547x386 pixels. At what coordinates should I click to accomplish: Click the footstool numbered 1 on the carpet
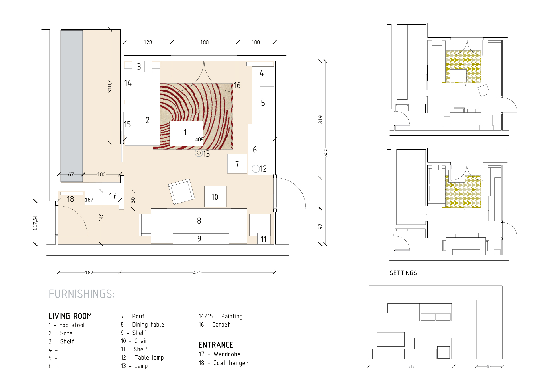coord(186,133)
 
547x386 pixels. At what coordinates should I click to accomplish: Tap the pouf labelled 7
coord(237,164)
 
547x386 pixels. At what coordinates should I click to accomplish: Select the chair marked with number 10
coord(215,196)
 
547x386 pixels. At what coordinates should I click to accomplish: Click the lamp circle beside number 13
coord(199,153)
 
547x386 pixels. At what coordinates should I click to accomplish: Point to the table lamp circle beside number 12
coord(256,169)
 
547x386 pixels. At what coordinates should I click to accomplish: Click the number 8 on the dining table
coord(199,220)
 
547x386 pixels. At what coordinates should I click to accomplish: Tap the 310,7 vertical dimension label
coord(110,86)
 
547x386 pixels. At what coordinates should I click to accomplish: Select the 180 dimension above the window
coord(204,42)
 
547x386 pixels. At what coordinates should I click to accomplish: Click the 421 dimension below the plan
coord(197,273)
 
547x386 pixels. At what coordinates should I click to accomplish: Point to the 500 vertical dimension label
coord(326,152)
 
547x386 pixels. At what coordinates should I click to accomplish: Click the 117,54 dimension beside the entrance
coord(35,223)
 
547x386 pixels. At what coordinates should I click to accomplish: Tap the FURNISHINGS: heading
coord(82,294)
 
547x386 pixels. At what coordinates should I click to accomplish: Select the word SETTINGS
coord(403,273)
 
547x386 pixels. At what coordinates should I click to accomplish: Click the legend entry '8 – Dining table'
coord(142,325)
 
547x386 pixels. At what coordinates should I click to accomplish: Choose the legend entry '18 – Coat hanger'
coord(223,363)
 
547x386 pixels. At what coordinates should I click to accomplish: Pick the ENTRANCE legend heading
coord(216,345)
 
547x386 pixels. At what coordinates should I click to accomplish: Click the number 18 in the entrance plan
coord(70,199)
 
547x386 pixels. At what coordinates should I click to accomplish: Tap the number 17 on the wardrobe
coord(113,196)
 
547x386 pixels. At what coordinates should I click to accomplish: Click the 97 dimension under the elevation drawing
coord(489,366)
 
